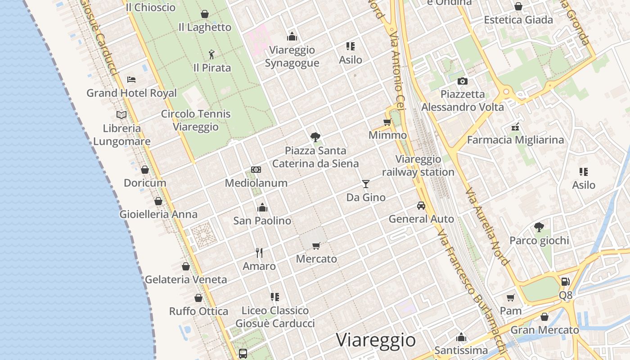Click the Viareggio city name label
click(376, 340)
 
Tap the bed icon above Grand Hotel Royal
click(131, 80)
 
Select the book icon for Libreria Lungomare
click(121, 115)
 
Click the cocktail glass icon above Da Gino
click(366, 184)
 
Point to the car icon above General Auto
click(421, 206)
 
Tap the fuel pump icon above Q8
click(565, 282)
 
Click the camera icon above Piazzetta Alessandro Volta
click(462, 81)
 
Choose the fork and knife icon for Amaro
click(259, 252)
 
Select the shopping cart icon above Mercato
click(316, 246)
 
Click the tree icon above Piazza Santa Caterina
click(315, 137)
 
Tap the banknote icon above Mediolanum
click(256, 170)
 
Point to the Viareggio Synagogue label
click(292, 56)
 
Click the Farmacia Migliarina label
click(515, 140)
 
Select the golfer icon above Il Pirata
click(212, 54)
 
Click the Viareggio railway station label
click(418, 166)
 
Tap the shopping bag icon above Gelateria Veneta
click(186, 266)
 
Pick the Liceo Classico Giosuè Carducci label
click(275, 317)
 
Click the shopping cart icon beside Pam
click(510, 297)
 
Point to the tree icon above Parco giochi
click(539, 227)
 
